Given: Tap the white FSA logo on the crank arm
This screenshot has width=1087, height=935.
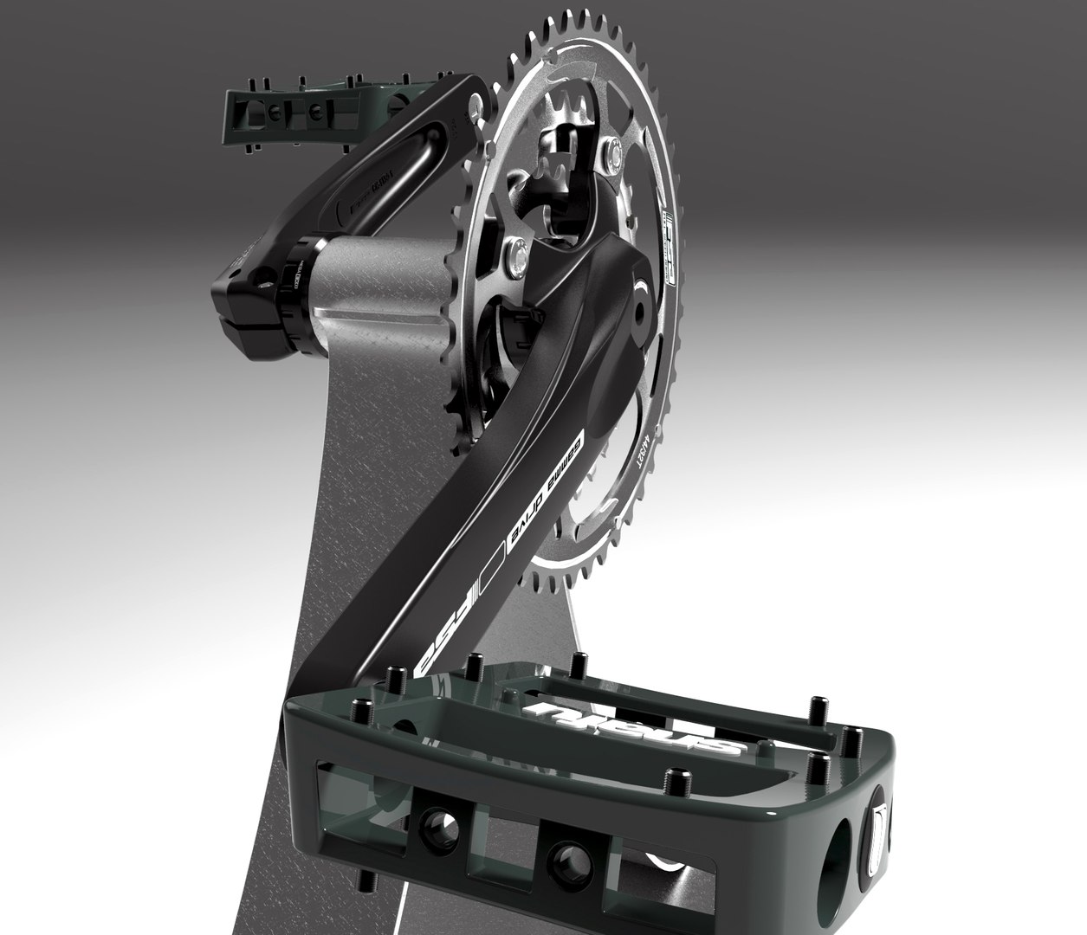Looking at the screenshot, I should pyautogui.click(x=450, y=621).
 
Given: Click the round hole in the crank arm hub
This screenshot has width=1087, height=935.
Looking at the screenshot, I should pyautogui.click(x=641, y=306).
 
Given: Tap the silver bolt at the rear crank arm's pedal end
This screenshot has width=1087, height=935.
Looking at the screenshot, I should pyautogui.click(x=475, y=110).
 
